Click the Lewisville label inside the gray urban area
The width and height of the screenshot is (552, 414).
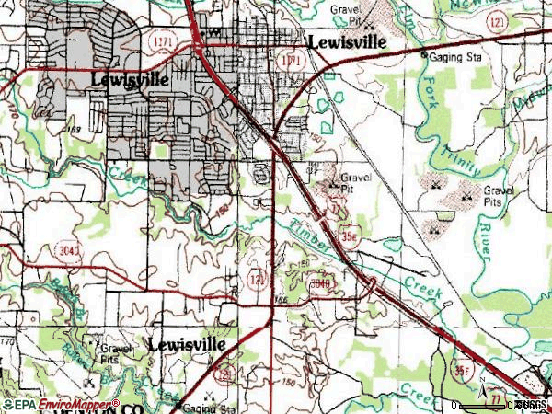[x=130, y=80]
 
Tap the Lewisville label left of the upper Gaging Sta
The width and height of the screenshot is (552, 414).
[x=346, y=43]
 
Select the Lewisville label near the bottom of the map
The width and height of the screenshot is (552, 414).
[x=187, y=344]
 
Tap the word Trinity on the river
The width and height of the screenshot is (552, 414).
[x=456, y=155]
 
